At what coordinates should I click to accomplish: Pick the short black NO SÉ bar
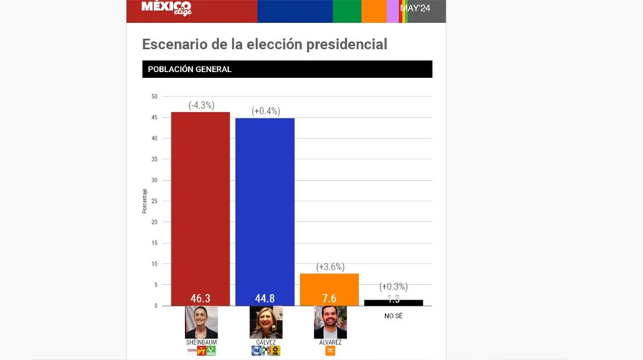[393, 303]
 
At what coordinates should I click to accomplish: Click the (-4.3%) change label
[201, 105]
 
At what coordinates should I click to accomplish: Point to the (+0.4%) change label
[266, 111]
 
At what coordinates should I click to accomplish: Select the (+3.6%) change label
[330, 267]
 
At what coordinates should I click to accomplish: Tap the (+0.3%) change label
[393, 286]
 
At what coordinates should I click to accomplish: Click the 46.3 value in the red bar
[201, 299]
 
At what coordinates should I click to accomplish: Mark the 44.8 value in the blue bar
[265, 299]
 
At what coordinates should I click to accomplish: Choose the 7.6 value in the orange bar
[329, 299]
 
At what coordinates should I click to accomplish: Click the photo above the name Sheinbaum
[201, 322]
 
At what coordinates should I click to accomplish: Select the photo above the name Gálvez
[266, 322]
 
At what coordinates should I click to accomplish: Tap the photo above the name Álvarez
[330, 322]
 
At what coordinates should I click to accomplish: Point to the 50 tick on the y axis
[154, 97]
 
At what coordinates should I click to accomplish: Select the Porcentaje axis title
[145, 201]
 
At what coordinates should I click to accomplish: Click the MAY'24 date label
[415, 8]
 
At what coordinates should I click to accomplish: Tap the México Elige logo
[166, 8]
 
